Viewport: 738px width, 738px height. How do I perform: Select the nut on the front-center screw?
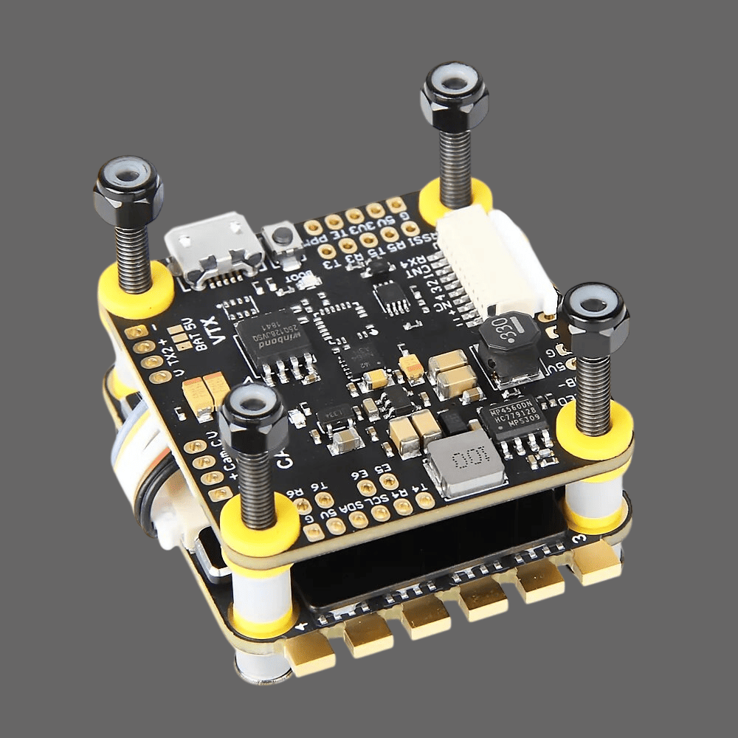click(253, 418)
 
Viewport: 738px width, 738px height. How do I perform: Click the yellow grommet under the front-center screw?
click(260, 525)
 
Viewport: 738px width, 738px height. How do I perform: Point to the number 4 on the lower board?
click(302, 627)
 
